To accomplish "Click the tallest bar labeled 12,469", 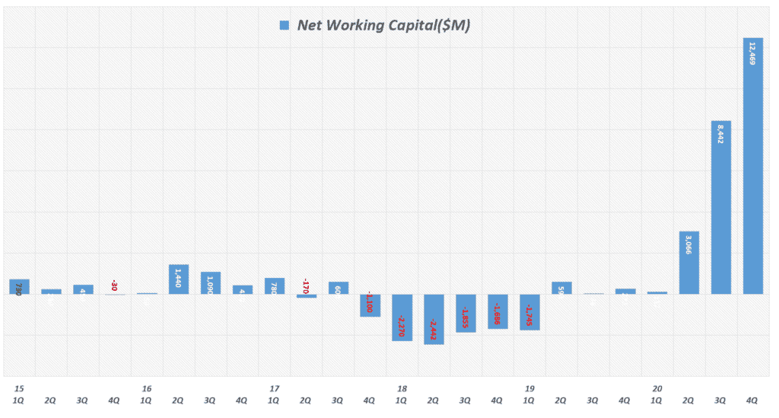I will pos(752,166).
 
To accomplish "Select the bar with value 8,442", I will pos(720,207).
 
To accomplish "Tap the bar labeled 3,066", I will pos(688,263).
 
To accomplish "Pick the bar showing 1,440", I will pos(179,279).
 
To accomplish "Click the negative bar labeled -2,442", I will pos(434,319).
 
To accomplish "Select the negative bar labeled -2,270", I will pos(402,317).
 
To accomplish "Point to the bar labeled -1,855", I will pos(466,313).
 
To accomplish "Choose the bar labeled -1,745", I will pos(529,311).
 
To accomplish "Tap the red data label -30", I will pos(114,286).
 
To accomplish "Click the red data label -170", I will pos(306,286).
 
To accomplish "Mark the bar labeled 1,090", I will pos(211,282).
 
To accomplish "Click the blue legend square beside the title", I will pos(285,25).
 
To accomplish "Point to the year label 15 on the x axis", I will pos(18,388).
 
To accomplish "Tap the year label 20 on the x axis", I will pos(657,388).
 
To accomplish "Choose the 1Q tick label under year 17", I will pos(274,400).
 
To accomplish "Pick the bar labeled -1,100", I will pos(370,305).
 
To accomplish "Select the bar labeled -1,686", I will pos(498,311).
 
